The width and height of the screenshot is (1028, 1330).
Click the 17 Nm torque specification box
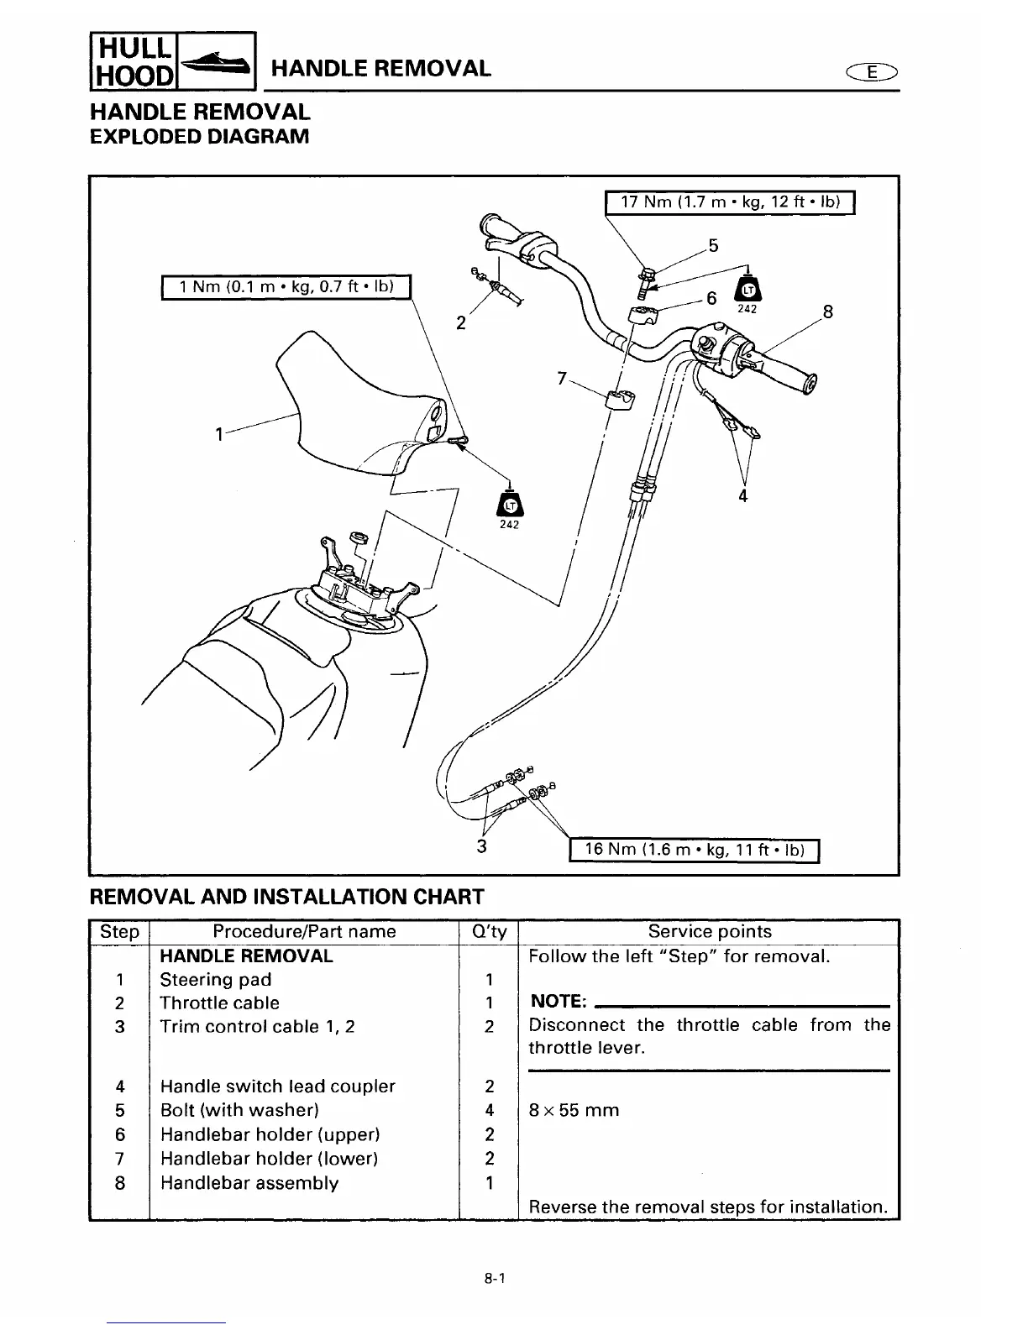(x=730, y=204)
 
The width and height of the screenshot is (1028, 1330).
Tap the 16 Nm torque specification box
(x=694, y=850)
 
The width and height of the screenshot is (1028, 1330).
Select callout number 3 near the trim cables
(x=482, y=846)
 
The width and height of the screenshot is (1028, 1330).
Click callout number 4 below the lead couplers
(x=742, y=495)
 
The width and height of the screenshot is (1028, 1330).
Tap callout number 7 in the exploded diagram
(x=562, y=378)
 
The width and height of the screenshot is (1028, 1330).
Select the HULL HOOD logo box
(x=132, y=60)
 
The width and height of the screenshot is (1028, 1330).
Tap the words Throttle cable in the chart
(x=219, y=1003)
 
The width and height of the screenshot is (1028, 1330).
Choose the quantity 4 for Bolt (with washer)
(x=489, y=1110)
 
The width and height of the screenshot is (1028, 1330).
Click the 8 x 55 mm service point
(x=574, y=1110)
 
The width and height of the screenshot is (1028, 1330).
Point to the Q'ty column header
(x=489, y=931)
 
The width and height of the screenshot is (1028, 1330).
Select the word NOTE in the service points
(x=559, y=1002)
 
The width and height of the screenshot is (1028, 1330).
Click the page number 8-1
(x=492, y=1280)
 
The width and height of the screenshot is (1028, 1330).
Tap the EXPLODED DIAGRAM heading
(x=200, y=135)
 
